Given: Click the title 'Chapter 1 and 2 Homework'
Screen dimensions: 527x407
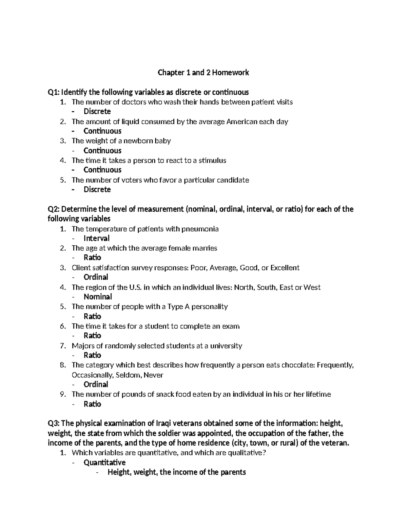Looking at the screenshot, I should [203, 73].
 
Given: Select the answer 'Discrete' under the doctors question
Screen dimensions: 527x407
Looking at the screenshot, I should [97, 112].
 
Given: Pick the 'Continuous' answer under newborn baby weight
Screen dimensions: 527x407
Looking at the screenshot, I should [102, 151].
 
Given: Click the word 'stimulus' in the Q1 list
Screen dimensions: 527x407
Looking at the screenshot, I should [212, 160].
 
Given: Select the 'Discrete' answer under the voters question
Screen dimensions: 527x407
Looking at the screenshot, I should [97, 189].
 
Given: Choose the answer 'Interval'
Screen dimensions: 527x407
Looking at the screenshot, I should [96, 238].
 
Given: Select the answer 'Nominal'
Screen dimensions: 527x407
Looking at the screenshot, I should [98, 297].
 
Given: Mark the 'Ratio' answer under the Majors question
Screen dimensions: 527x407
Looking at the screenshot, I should [92, 355].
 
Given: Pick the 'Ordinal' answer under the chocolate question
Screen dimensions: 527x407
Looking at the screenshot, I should [96, 384].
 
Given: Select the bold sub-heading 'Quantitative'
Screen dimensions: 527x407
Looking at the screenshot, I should [104, 463].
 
